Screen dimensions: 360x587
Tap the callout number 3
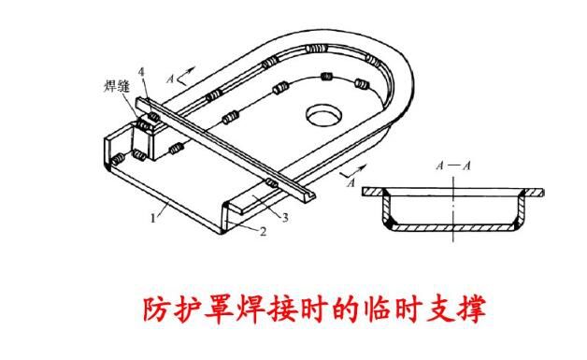click(284, 217)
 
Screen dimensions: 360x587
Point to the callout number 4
click(142, 71)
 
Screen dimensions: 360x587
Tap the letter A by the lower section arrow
click(350, 184)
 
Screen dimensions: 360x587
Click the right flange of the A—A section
click(531, 193)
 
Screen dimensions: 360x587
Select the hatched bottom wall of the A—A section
click(453, 228)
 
